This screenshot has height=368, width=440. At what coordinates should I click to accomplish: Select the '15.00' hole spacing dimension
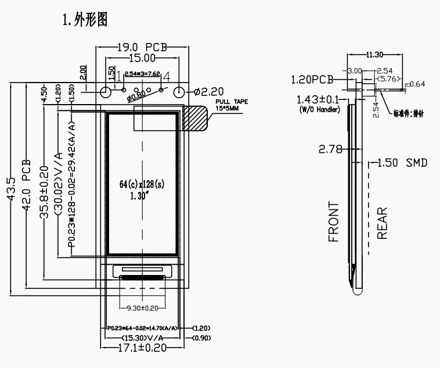tap(142, 58)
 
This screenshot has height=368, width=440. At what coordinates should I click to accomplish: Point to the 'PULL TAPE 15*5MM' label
tap(232, 105)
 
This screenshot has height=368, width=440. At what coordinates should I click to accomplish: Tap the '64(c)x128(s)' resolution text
tap(142, 184)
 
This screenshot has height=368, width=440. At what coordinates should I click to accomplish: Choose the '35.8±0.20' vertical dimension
tap(45, 183)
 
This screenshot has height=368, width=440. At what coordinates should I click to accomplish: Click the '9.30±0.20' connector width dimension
tap(142, 308)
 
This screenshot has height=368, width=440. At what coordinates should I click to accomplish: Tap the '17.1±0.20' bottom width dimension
tap(142, 348)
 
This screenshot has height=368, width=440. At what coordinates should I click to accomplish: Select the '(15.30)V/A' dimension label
tap(142, 338)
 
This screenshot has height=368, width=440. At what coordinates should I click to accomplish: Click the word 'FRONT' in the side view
tap(334, 221)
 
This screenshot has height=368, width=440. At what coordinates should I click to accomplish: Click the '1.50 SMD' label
tap(402, 163)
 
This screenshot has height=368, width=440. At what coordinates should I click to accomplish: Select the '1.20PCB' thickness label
tap(312, 78)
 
